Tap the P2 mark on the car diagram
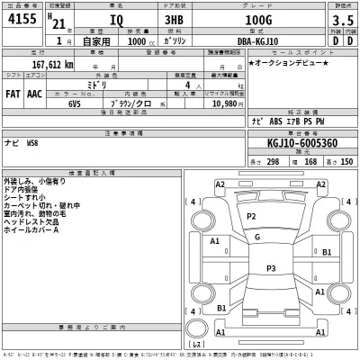coord(251,217)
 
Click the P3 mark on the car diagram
coord(271,268)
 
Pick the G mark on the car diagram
coord(257,237)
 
